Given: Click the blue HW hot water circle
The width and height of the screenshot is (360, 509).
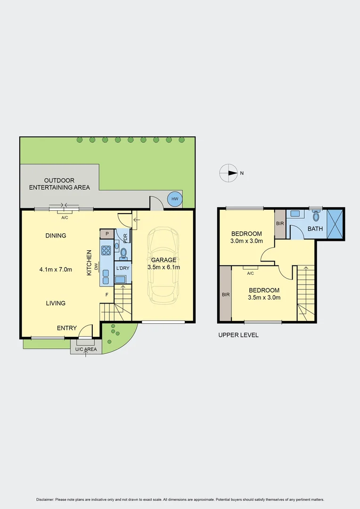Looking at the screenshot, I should [x=175, y=199].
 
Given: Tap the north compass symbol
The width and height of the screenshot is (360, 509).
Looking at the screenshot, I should [x=229, y=173].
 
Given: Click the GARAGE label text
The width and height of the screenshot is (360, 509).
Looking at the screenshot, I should [x=164, y=260].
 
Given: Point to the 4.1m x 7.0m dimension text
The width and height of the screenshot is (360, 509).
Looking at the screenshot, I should [x=56, y=270].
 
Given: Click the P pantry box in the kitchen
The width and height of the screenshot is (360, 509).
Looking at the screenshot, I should [x=107, y=233].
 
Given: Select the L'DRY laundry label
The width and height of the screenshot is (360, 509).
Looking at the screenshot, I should [x=123, y=268].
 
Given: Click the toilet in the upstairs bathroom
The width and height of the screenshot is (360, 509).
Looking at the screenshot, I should [x=316, y=216].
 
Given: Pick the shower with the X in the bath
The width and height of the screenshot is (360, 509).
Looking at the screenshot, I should [x=335, y=224].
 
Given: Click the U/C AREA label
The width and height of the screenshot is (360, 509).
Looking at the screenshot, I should [x=86, y=349].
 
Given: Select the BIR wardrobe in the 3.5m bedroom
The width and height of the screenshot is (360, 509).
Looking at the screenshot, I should [x=225, y=294].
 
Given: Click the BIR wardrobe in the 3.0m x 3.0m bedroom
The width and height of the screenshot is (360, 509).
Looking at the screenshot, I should [x=280, y=223].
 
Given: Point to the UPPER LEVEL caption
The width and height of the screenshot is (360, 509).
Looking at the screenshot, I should [x=238, y=335].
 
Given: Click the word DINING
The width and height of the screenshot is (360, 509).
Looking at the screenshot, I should [x=56, y=236].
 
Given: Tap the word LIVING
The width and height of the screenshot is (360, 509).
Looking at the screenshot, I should [x=56, y=303].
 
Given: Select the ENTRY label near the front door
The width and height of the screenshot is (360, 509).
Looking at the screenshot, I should [x=66, y=328].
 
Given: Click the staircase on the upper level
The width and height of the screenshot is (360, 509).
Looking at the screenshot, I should [x=305, y=292].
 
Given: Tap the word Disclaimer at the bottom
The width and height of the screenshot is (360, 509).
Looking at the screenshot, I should [x=45, y=500].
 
